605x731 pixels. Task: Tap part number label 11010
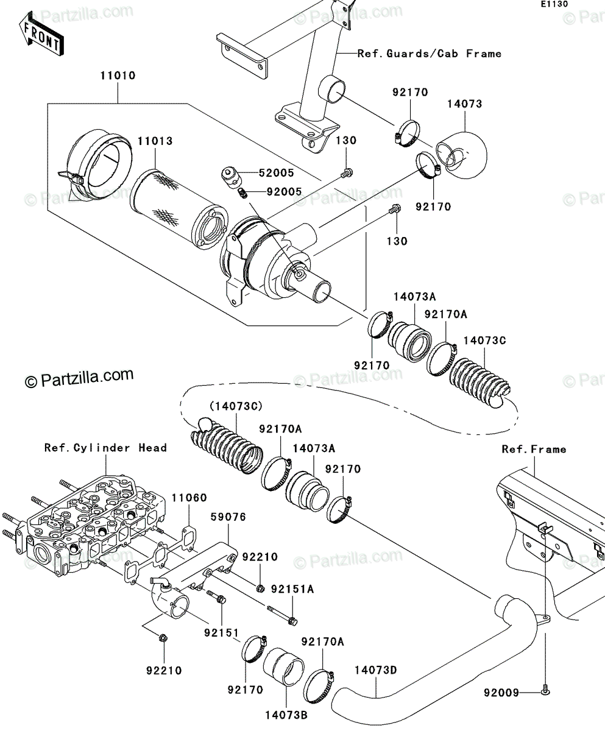[118, 76]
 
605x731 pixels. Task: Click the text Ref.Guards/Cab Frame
[430, 54]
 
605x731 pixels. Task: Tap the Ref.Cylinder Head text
[105, 448]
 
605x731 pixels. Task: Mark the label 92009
[501, 693]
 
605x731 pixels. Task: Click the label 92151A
[292, 589]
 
